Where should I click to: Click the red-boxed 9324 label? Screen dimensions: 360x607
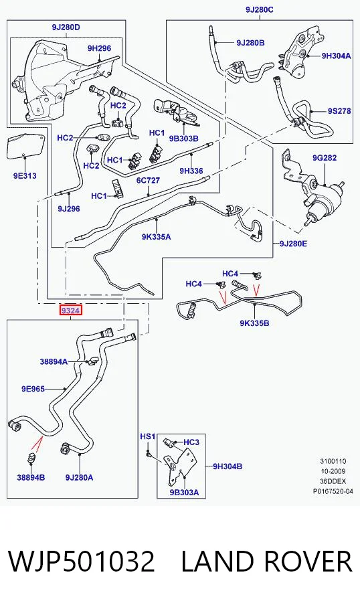pos(70,311)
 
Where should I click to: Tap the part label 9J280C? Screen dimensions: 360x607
pos(259,9)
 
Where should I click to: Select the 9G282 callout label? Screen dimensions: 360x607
pos(325,157)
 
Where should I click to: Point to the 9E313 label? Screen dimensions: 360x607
pos(25,176)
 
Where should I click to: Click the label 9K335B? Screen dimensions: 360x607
pos(254,323)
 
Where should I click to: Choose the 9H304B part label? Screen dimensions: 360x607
pos(228,466)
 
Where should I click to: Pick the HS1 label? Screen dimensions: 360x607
pos(147,436)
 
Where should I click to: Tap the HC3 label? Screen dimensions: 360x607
pos(191,442)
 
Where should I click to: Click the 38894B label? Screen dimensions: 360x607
pos(31,477)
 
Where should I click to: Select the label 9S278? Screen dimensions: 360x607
pos(339,111)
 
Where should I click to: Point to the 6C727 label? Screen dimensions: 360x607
pos(148,181)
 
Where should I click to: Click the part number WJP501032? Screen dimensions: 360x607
pos(82,561)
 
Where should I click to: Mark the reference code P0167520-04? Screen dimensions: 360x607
pos(333,491)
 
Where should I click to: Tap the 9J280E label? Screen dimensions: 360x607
pos(294,244)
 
